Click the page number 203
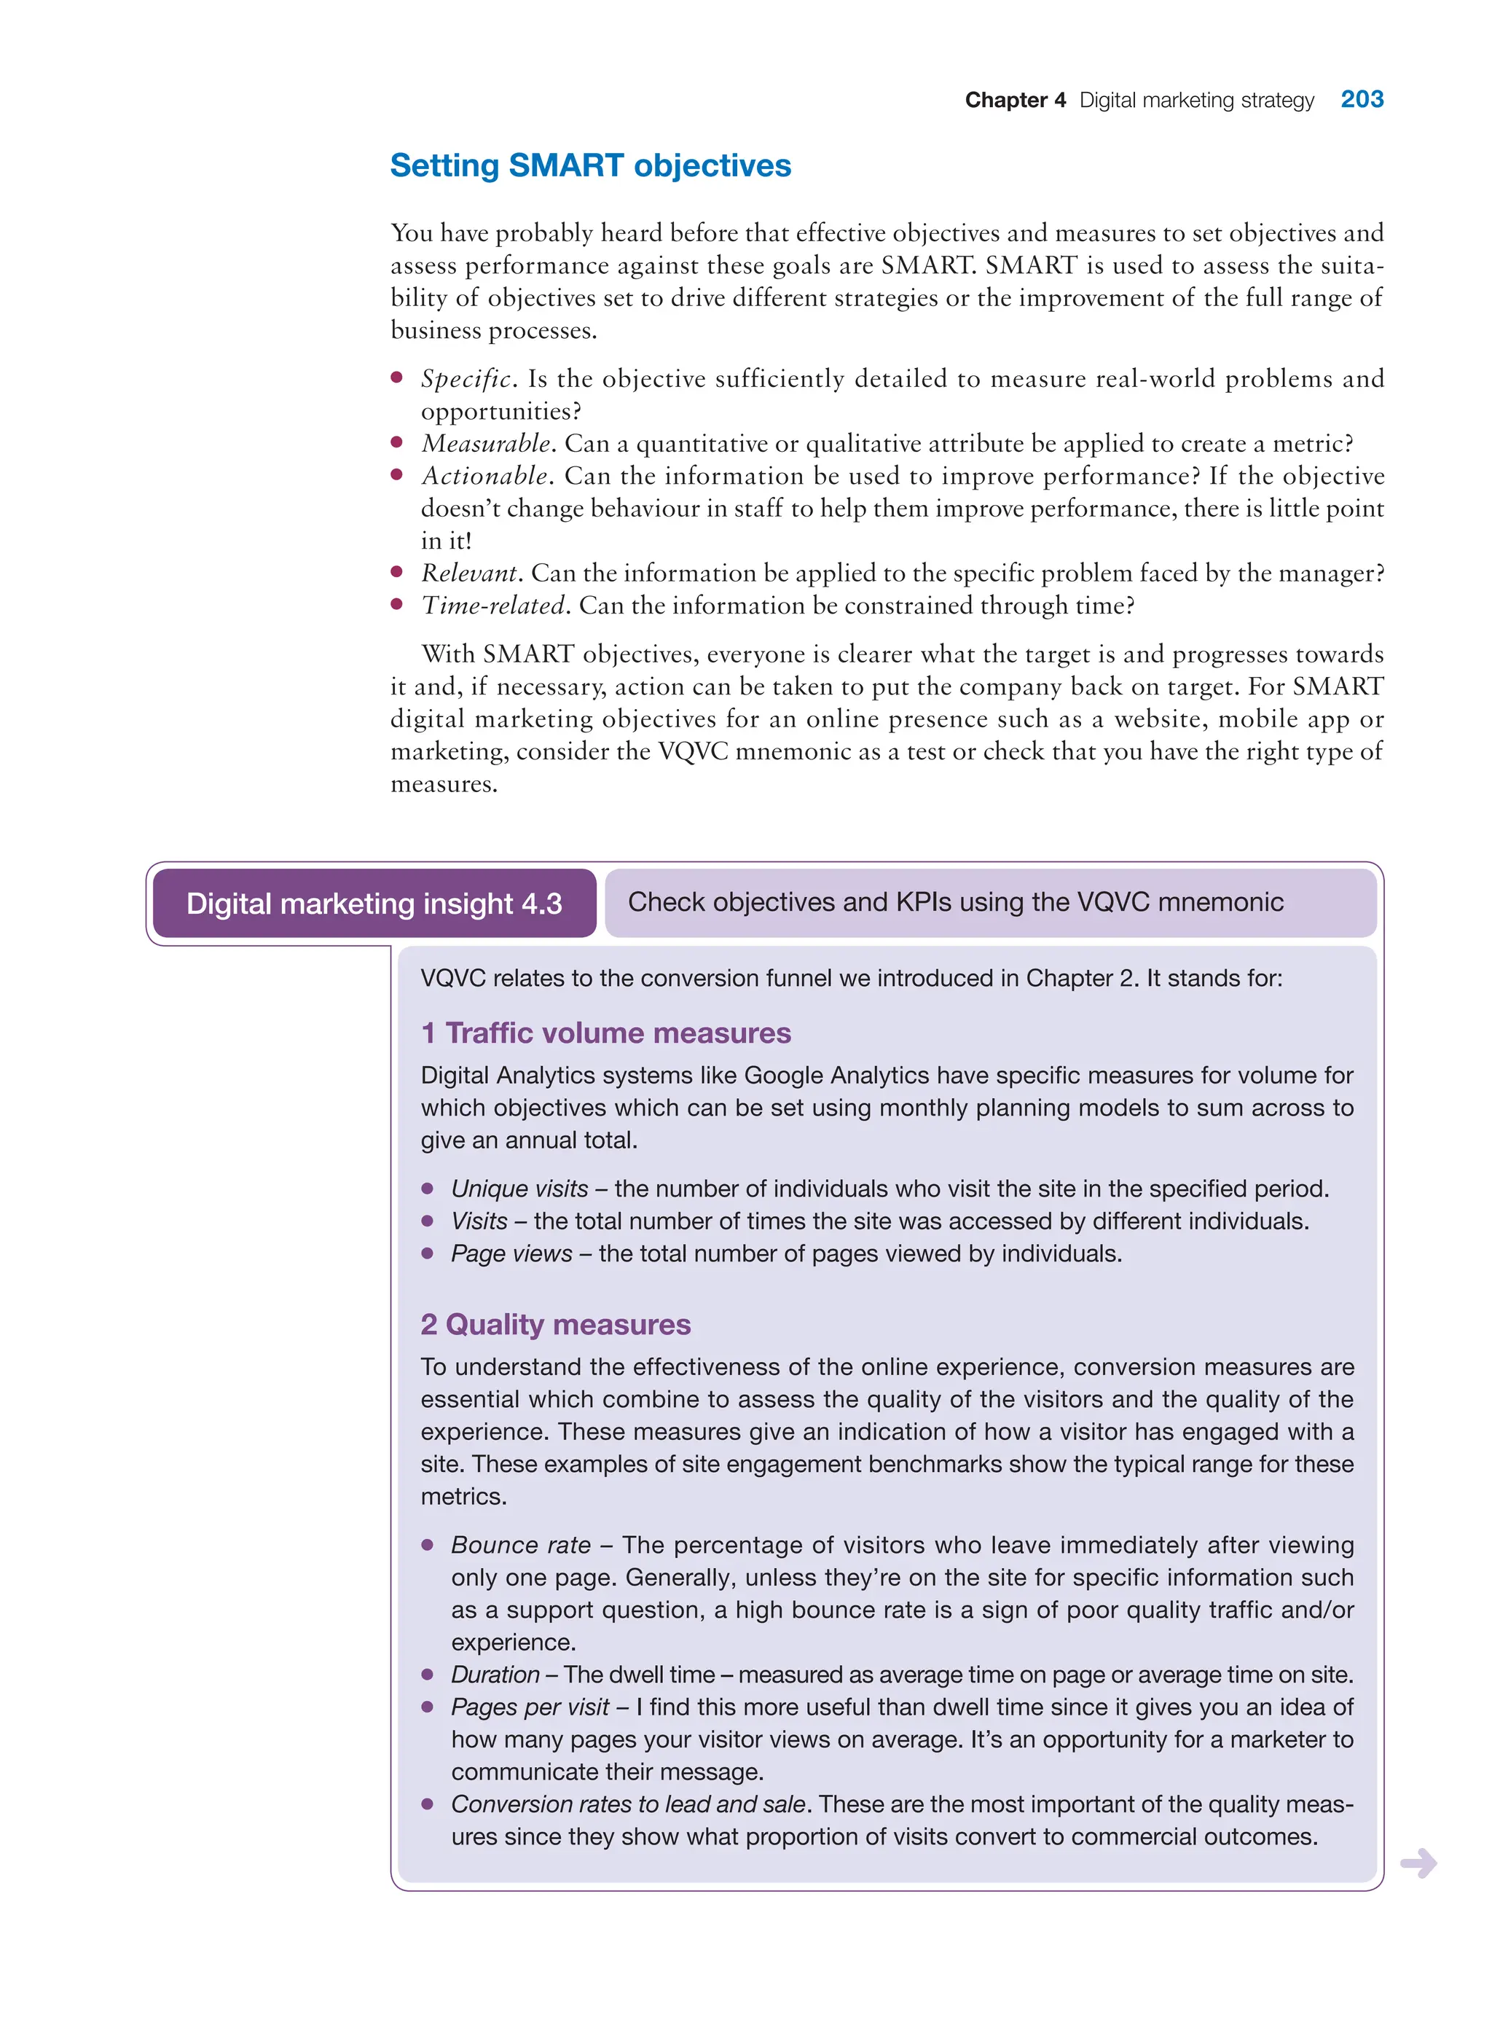click(x=1361, y=99)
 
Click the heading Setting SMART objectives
click(x=591, y=166)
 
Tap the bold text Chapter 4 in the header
click(x=1015, y=101)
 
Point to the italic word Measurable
click(x=486, y=444)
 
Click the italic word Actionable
click(x=484, y=476)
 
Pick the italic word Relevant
click(x=468, y=573)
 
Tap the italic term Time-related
click(x=493, y=606)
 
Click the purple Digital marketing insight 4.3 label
click(x=374, y=904)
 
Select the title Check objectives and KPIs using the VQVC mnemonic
click(x=956, y=901)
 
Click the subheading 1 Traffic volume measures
click(x=606, y=1033)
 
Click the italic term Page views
click(x=511, y=1254)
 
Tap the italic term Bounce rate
click(x=520, y=1545)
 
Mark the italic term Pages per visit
click(x=530, y=1707)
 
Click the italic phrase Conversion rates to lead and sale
click(x=628, y=1804)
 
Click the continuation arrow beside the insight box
click(x=1418, y=1863)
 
